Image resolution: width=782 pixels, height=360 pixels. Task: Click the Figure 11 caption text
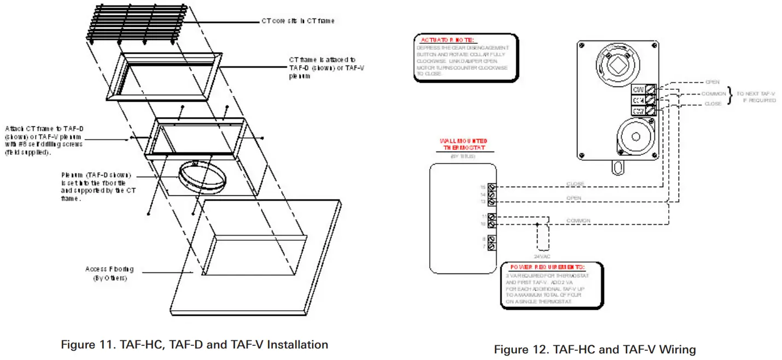[194, 345]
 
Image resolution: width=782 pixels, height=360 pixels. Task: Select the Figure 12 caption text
[595, 349]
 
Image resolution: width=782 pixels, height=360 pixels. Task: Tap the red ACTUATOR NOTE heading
[448, 40]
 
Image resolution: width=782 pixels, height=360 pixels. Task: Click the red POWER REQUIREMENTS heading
[547, 267]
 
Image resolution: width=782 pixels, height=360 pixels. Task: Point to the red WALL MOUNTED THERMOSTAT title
[463, 144]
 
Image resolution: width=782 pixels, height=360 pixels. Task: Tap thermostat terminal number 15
[491, 187]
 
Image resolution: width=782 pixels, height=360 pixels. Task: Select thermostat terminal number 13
[491, 202]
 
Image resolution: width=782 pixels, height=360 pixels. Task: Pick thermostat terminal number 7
[491, 247]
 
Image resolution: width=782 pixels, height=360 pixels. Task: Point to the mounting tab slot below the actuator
[617, 166]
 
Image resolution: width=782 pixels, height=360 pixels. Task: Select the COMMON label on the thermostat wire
[578, 220]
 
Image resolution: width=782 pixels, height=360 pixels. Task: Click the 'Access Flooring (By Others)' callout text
[109, 274]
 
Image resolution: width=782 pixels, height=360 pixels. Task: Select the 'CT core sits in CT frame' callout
[297, 21]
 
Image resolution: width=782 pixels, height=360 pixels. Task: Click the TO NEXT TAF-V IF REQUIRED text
[756, 97]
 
